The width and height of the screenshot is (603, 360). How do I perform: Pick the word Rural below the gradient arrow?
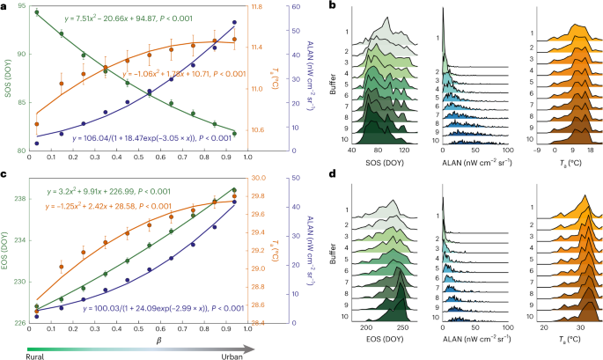point(12,355)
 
